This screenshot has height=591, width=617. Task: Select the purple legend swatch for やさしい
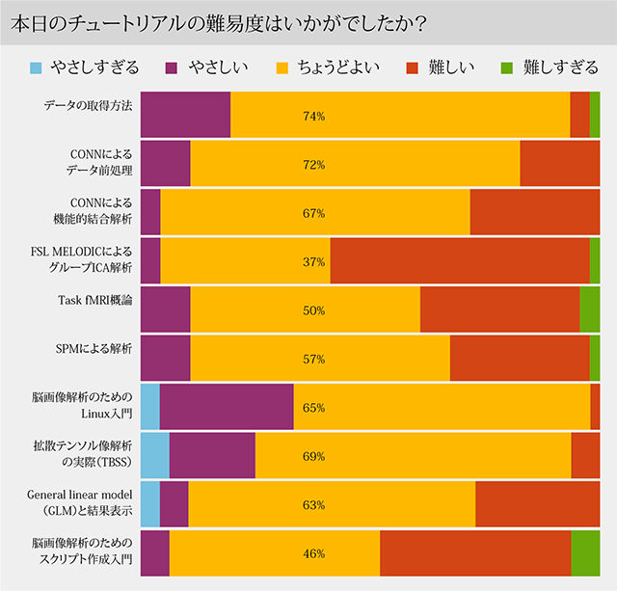click(174, 67)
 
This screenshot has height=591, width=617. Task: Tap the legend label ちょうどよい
click(337, 67)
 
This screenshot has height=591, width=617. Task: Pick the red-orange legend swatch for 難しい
click(411, 67)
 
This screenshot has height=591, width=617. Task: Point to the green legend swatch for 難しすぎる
click(506, 67)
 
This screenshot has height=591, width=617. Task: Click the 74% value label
click(313, 116)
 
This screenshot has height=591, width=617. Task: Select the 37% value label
click(313, 262)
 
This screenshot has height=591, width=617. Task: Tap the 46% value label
click(313, 554)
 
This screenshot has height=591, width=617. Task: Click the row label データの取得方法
click(88, 106)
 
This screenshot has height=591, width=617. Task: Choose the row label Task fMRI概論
click(95, 300)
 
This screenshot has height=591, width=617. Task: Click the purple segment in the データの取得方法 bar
click(185, 116)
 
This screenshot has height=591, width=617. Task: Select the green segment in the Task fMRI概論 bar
click(589, 310)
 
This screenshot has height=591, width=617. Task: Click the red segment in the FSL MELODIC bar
click(459, 261)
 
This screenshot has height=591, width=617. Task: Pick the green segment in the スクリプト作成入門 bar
click(585, 553)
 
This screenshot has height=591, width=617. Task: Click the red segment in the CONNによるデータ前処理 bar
click(559, 164)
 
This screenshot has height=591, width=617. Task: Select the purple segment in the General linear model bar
click(174, 504)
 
